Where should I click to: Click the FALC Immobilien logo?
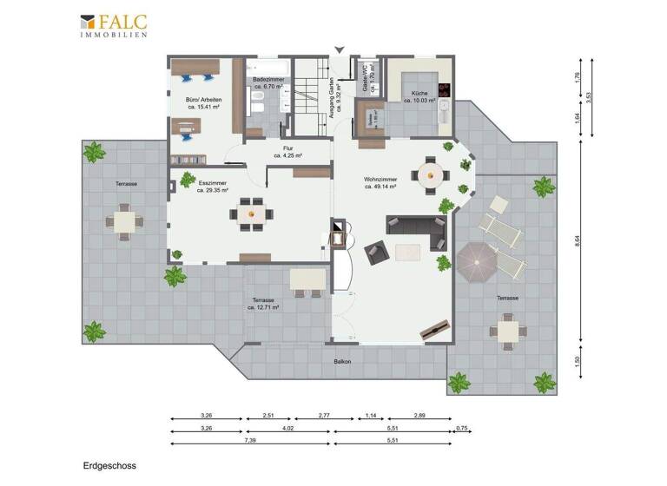pos(113,25)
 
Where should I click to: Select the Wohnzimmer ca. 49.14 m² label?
pos(380,182)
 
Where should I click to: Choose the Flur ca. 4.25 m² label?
pos(287,152)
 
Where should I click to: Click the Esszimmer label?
pos(212,187)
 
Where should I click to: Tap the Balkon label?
pos(342,361)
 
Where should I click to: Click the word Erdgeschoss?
pos(109,465)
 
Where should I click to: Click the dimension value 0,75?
pos(461,428)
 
